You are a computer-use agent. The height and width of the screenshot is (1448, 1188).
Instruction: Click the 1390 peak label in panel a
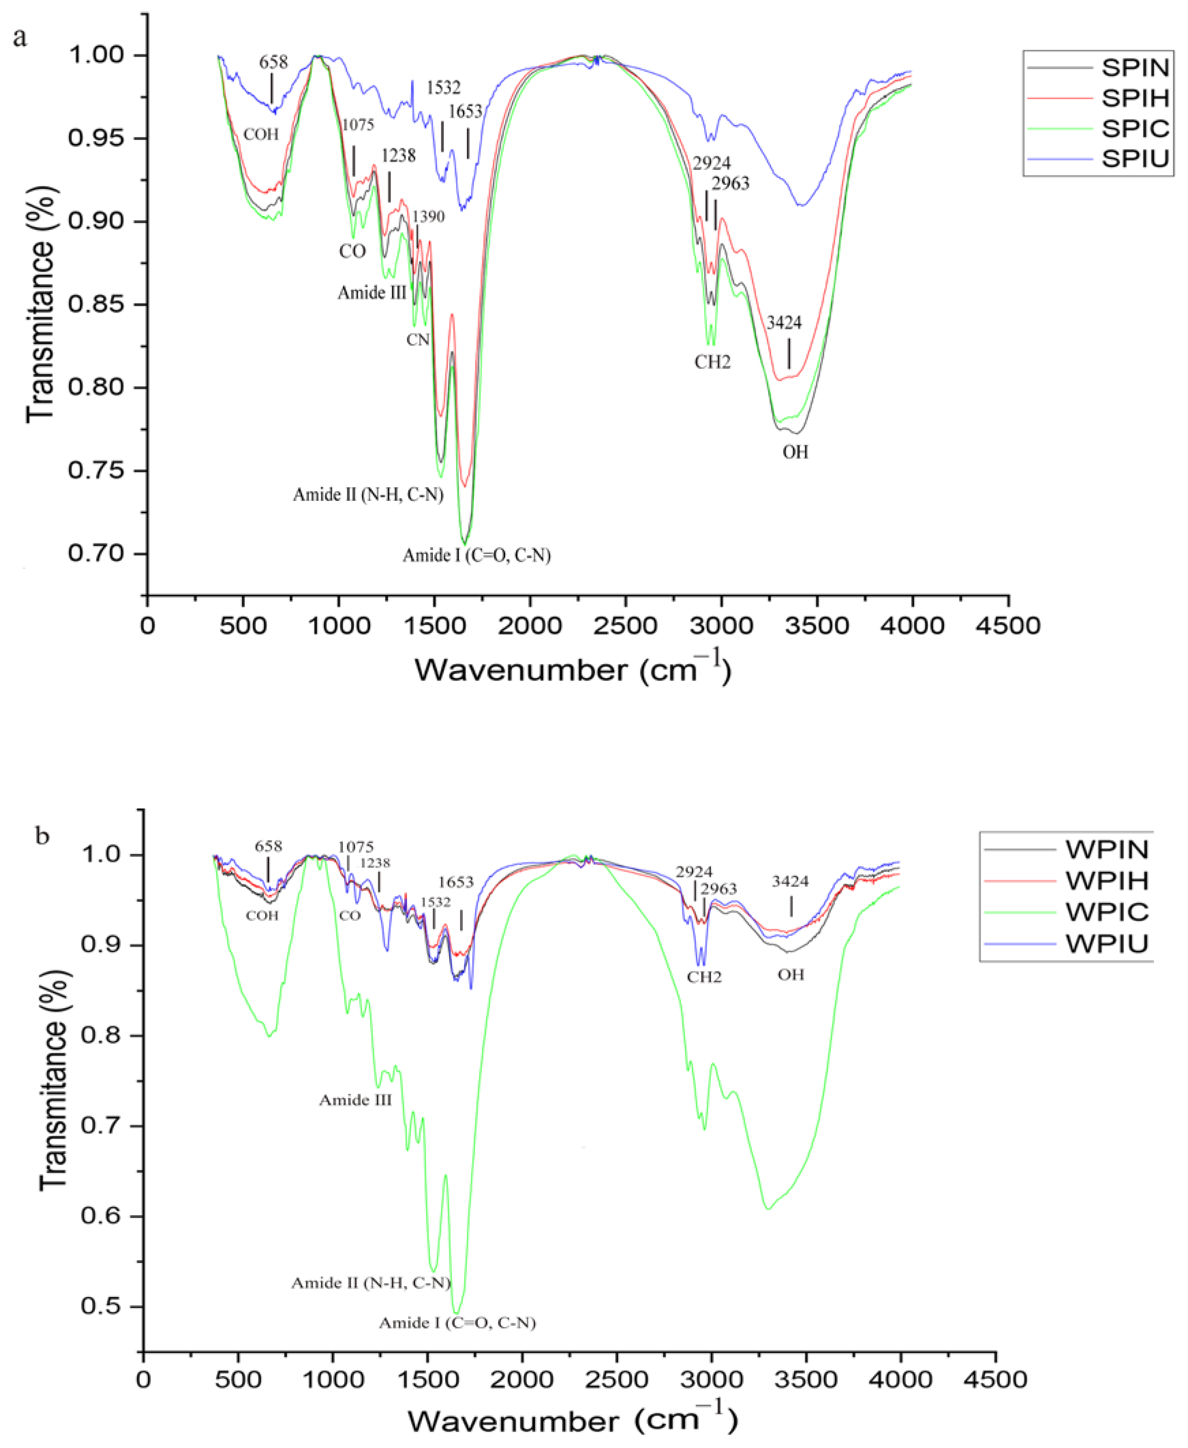428,217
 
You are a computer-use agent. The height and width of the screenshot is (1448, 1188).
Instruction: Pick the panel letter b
42,836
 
